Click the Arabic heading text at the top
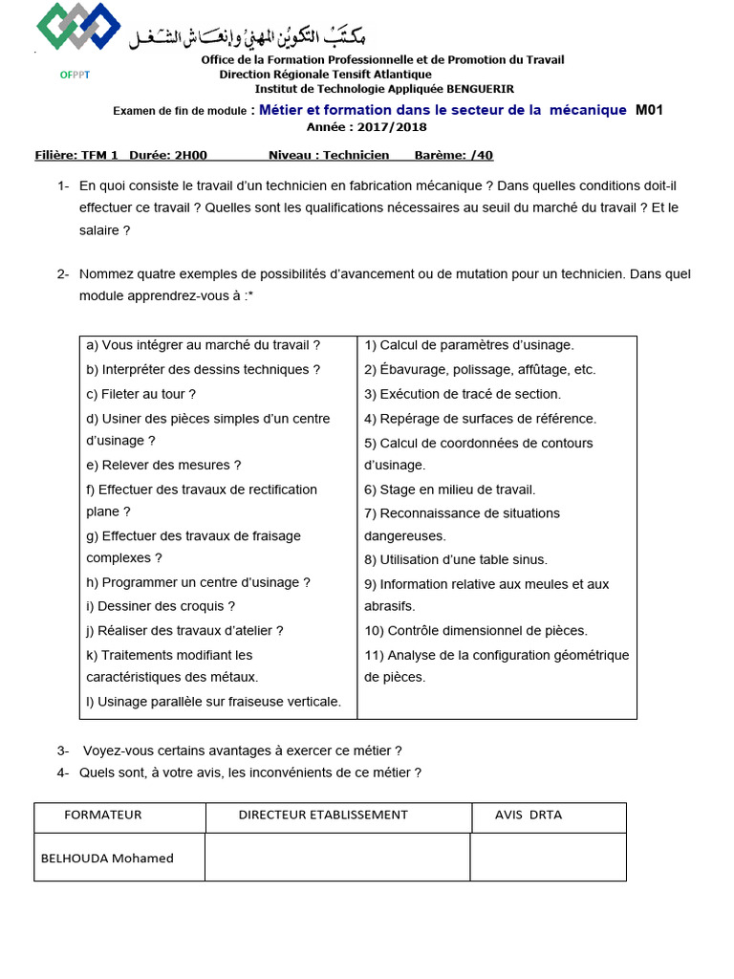pos(249,35)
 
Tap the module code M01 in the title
pos(649,110)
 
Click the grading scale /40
pos(483,155)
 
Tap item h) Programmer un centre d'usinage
pos(198,582)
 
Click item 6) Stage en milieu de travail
pos(449,489)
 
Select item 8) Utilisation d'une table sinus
pos(456,560)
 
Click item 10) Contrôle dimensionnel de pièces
pos(476,631)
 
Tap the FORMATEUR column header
pos(102,816)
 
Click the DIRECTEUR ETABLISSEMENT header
pos(323,816)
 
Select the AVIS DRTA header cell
pos(529,816)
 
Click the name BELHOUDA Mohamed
pos(107,859)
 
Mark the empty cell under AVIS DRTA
pos(548,857)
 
